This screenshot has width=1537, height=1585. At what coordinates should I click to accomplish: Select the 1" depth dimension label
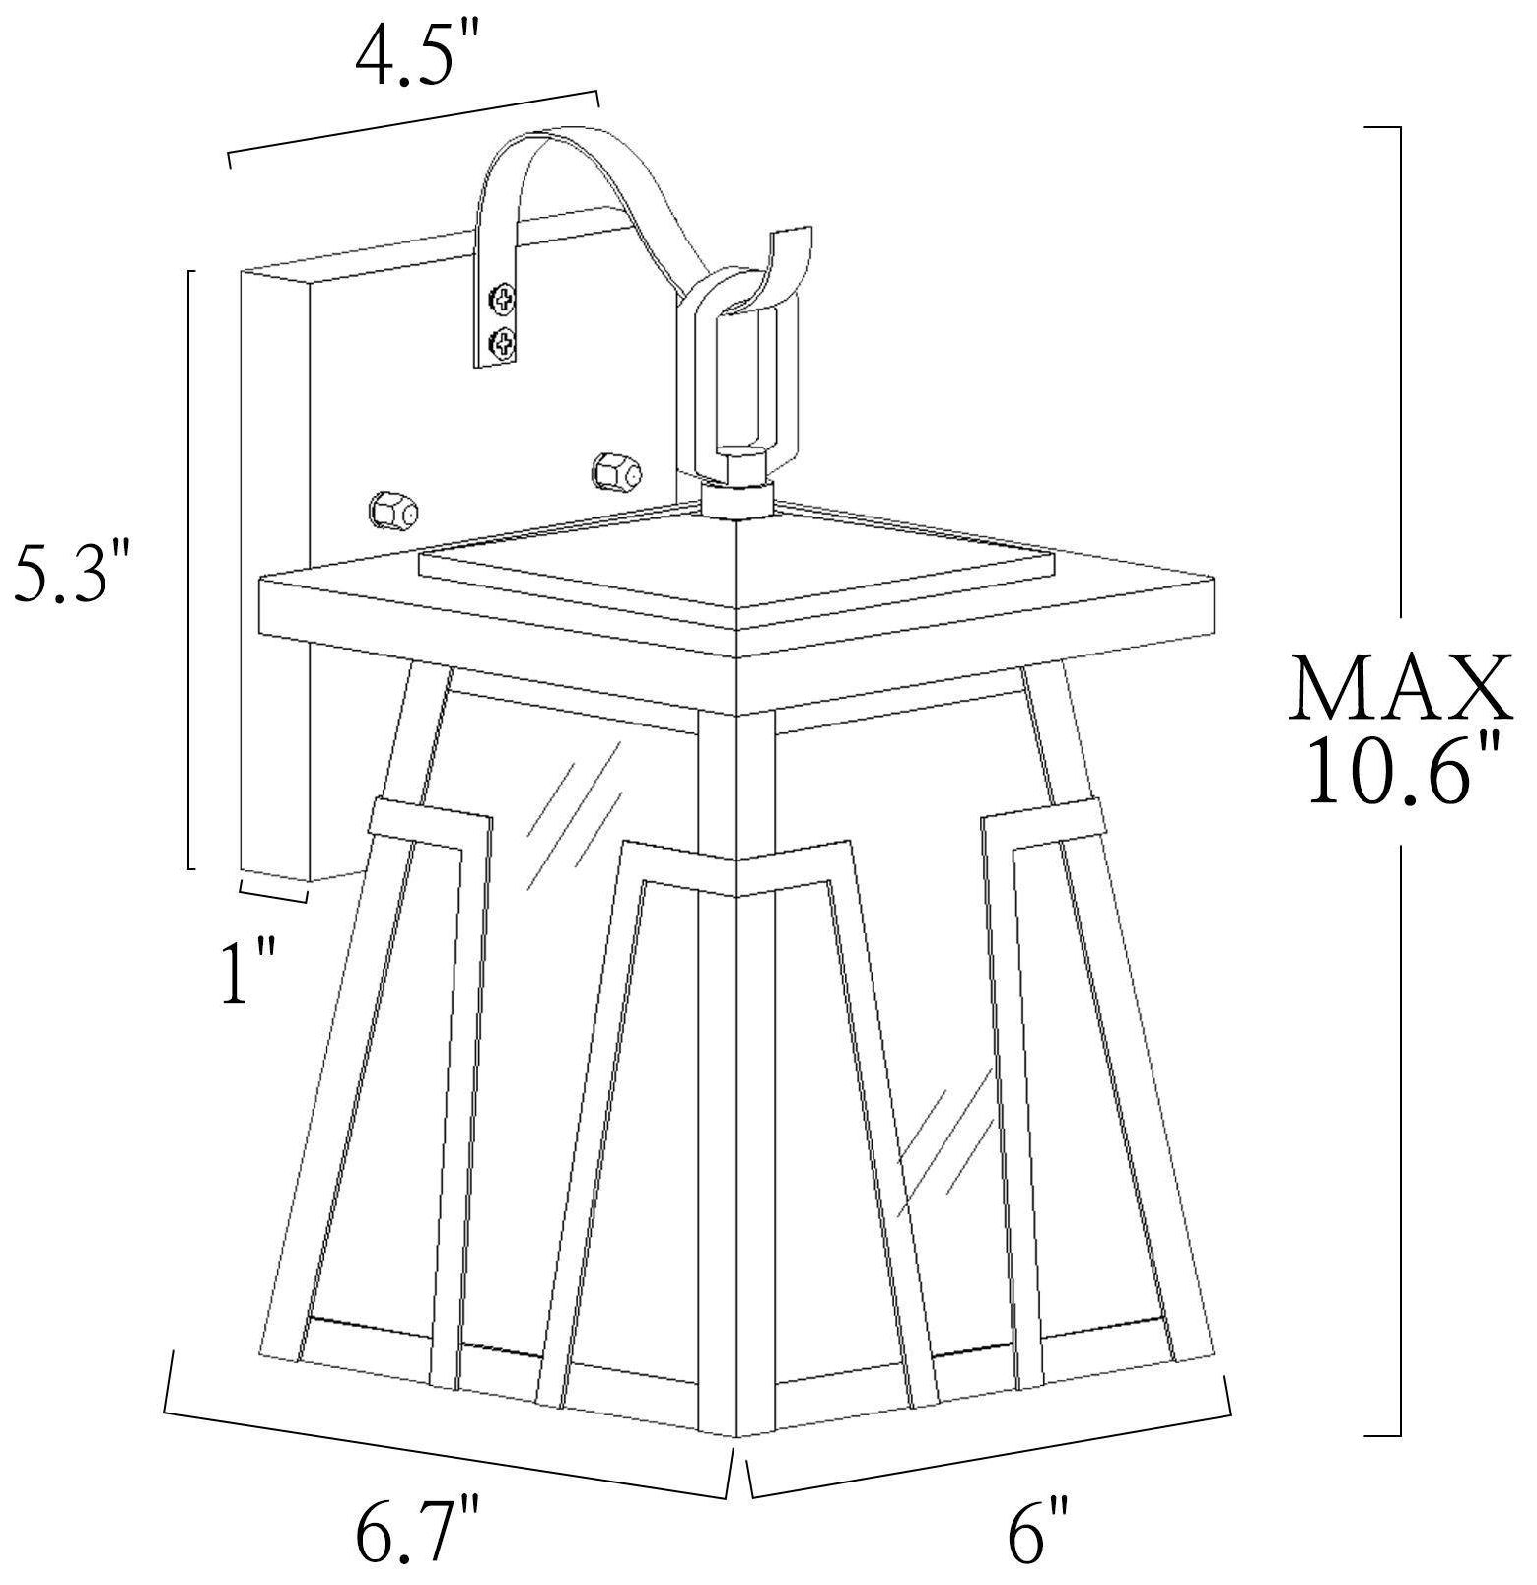[x=246, y=972]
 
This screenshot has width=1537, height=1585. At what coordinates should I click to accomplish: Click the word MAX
[x=1400, y=689]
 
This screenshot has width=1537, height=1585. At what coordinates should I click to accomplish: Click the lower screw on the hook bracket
[x=504, y=343]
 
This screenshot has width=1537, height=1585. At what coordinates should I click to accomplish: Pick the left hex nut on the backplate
[x=392, y=511]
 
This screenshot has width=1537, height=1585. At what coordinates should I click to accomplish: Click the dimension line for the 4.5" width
[x=414, y=125]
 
